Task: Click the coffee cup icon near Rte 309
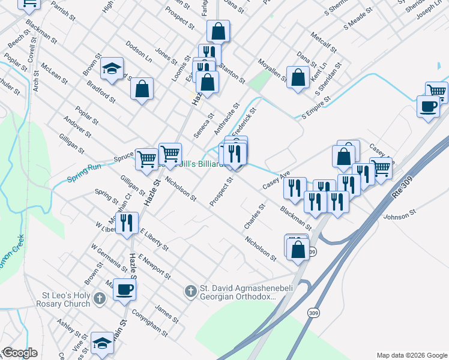(427, 106)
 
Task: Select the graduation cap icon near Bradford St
(112, 70)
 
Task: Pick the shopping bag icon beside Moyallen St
(298, 77)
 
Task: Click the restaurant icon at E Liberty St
(127, 224)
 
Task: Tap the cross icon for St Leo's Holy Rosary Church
(100, 298)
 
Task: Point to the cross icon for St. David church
(190, 292)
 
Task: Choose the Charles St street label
(255, 217)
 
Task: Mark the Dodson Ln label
(139, 53)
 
